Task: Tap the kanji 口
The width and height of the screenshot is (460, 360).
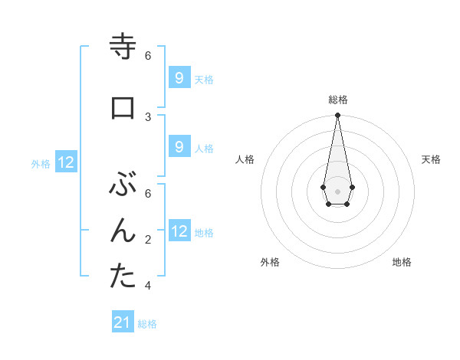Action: (123, 108)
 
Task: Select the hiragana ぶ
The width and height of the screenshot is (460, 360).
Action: (123, 185)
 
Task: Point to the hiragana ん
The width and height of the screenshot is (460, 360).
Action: (123, 231)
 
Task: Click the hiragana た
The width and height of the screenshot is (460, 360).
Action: (123, 277)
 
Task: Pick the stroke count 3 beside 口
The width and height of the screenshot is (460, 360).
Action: (148, 116)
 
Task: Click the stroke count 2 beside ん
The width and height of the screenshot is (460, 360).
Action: (148, 240)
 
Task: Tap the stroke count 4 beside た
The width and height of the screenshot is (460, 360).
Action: (148, 286)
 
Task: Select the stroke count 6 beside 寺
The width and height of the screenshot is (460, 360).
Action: (148, 56)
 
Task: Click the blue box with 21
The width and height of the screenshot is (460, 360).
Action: (123, 322)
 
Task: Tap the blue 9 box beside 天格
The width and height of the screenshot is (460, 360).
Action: (179, 78)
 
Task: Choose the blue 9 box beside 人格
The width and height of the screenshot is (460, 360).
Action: (179, 147)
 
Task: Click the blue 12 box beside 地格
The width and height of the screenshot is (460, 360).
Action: (179, 231)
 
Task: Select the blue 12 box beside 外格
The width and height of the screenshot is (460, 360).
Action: (65, 162)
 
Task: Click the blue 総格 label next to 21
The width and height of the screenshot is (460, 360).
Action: (147, 324)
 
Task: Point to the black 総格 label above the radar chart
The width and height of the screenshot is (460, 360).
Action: (337, 100)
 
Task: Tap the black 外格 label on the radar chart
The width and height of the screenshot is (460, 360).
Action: (270, 262)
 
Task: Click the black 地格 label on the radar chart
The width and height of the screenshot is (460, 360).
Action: (402, 262)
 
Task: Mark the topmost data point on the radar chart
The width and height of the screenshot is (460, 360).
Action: (337, 116)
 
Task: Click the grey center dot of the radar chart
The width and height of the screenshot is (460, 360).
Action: (337, 190)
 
